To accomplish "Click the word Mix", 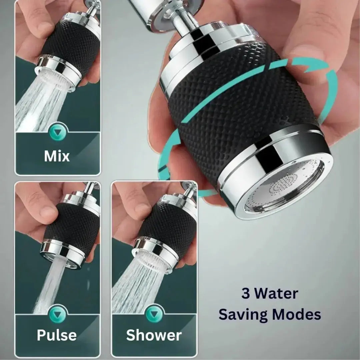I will pos(57,156).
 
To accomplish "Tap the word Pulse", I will pos(57,335).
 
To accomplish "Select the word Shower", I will pos(154,335).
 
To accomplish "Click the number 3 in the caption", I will pos(246,294).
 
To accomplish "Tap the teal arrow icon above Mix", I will pos(58,133).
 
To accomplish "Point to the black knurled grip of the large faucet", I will pos(240,107).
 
